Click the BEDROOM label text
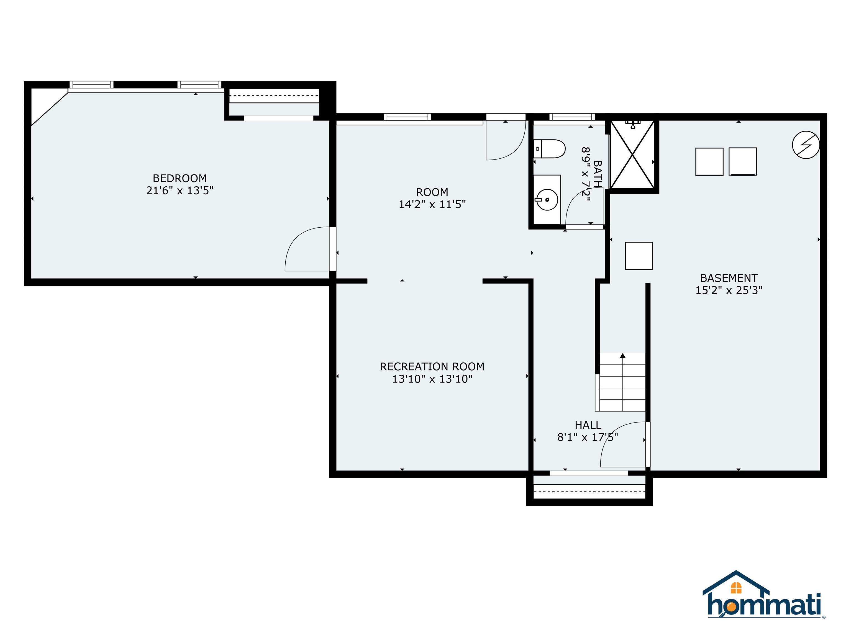coord(180,178)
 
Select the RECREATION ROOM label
coord(432,367)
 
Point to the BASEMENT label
coord(729,278)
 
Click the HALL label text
coord(588,425)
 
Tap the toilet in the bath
coord(550,149)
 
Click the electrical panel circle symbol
coord(806,145)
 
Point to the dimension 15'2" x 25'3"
coord(729,290)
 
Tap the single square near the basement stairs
coord(639,256)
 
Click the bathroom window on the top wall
coord(572,117)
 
